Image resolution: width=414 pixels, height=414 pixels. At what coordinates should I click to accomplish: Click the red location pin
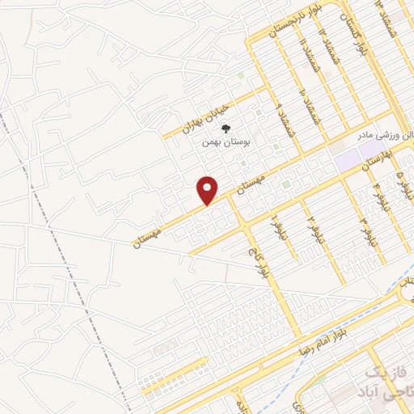[209, 190]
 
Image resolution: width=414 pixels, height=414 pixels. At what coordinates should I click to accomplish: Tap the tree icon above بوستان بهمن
[228, 127]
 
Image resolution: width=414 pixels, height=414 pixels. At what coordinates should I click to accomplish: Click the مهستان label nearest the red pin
[252, 181]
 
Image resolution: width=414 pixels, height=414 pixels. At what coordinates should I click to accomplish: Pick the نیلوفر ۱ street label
[275, 219]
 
